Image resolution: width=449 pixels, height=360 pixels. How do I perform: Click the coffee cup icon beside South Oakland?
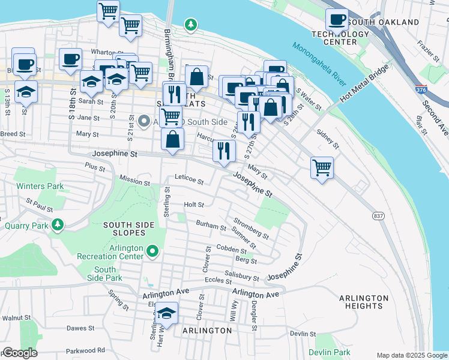click(337, 20)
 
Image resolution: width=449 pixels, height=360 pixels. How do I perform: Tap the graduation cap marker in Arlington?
click(166, 313)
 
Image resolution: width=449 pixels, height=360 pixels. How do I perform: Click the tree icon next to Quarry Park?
click(58, 224)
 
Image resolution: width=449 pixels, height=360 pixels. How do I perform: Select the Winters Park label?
click(40, 186)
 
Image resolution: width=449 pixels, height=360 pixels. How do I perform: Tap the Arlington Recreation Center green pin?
click(152, 251)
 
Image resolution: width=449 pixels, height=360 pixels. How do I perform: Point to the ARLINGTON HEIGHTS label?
click(364, 302)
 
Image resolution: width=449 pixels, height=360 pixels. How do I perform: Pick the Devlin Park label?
click(329, 352)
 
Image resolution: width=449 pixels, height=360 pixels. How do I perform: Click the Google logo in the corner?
click(20, 352)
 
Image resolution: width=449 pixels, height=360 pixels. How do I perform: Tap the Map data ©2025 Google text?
click(411, 355)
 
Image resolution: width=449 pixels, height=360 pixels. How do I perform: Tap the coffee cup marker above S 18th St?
click(70, 59)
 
